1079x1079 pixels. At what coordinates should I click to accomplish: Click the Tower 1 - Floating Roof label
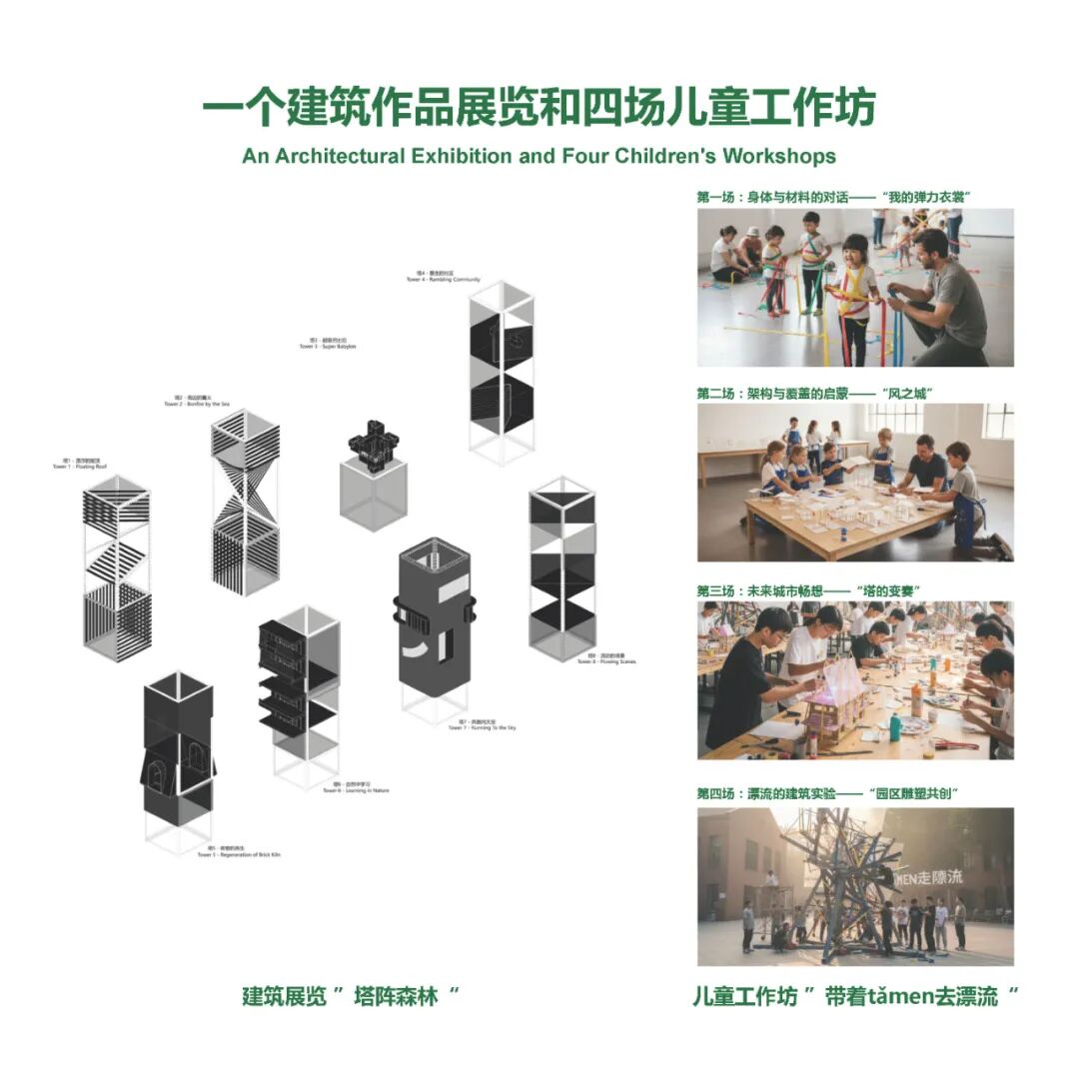click(x=77, y=464)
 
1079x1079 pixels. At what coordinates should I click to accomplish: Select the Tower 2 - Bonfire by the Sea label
click(x=197, y=402)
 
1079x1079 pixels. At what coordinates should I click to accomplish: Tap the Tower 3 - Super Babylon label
click(x=328, y=344)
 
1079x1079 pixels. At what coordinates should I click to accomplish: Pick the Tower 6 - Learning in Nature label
click(x=356, y=787)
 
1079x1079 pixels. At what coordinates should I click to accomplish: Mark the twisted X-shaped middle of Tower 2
click(x=245, y=487)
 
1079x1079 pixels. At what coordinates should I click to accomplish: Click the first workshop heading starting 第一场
click(x=834, y=197)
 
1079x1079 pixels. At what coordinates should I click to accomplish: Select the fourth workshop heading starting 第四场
click(x=828, y=793)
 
